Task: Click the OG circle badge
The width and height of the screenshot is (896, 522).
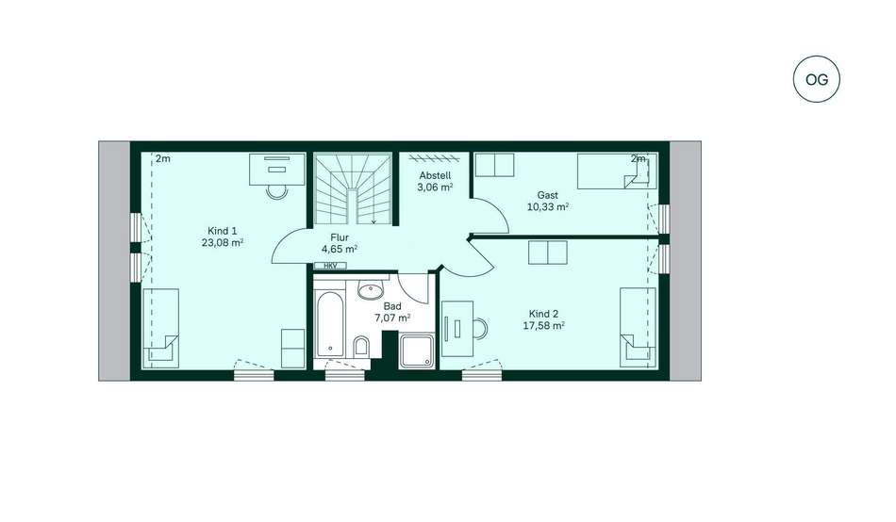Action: (x=817, y=79)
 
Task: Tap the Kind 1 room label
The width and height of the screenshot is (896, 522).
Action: (x=223, y=231)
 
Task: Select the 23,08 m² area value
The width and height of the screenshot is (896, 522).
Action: (x=223, y=243)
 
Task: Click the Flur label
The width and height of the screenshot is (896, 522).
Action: (x=340, y=237)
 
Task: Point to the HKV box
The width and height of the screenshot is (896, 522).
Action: (x=331, y=266)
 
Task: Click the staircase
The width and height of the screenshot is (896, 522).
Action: (x=353, y=188)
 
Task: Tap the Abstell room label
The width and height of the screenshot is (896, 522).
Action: (x=436, y=175)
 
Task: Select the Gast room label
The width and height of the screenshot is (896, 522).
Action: (x=547, y=195)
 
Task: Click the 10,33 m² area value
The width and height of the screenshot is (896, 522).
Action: (x=547, y=207)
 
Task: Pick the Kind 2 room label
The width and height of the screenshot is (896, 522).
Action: (x=543, y=314)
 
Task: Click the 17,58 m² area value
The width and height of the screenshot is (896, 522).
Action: (x=543, y=325)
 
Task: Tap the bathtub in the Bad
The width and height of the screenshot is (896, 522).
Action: (x=330, y=324)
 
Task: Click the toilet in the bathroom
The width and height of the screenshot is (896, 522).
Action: (x=362, y=347)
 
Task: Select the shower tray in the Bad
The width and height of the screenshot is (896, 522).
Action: (x=417, y=351)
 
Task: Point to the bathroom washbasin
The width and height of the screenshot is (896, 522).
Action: (x=371, y=290)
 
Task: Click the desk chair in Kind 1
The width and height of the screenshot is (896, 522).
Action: (x=277, y=192)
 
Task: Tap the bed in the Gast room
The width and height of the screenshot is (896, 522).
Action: (x=617, y=171)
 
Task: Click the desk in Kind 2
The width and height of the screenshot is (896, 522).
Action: (x=457, y=329)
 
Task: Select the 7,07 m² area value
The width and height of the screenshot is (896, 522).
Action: (x=392, y=318)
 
